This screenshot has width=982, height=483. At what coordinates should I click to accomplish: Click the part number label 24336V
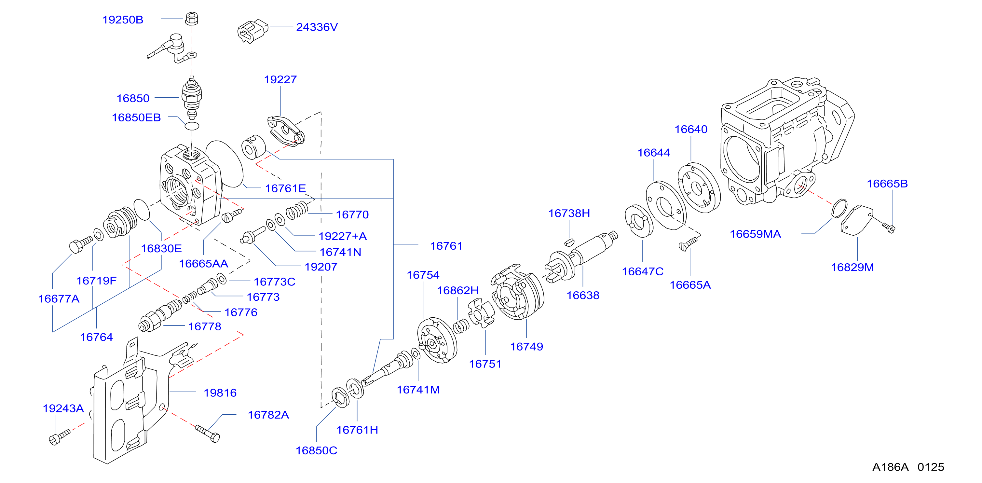point(317,27)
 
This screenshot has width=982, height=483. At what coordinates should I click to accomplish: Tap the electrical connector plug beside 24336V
point(252,31)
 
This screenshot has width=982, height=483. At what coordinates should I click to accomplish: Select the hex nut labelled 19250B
point(191,18)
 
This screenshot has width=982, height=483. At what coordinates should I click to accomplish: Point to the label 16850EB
point(136,117)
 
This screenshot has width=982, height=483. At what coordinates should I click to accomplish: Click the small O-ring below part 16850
point(192,126)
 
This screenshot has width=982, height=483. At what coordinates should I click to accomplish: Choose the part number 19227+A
point(342,236)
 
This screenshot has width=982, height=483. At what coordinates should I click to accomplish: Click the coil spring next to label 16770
point(297,210)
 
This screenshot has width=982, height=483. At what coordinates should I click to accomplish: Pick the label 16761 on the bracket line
point(446,246)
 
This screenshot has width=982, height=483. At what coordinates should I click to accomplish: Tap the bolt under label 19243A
point(60,437)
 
